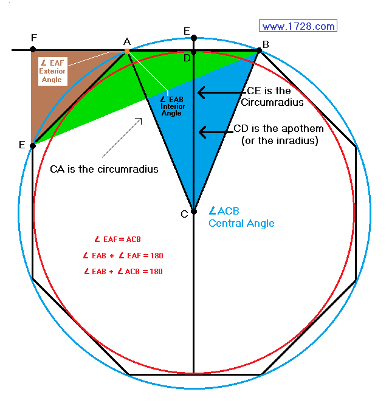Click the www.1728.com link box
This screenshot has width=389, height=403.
(298, 26)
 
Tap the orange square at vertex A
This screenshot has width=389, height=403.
(127, 52)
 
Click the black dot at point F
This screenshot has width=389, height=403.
(33, 49)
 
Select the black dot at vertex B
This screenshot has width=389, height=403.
(259, 50)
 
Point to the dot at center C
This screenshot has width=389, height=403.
(194, 212)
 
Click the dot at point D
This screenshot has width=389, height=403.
(194, 52)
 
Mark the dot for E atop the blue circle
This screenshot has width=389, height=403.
(194, 38)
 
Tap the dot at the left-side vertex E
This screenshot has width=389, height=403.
(33, 146)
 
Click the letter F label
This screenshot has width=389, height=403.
(34, 38)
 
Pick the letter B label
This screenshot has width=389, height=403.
(266, 44)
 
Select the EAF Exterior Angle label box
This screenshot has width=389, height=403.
(53, 71)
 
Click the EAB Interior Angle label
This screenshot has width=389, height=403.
(172, 106)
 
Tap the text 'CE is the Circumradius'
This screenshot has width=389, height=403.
(272, 97)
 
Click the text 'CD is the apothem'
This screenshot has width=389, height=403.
(278, 128)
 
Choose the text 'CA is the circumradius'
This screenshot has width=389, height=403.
(104, 169)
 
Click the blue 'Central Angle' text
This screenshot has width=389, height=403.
(241, 223)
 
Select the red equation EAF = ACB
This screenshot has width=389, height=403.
(118, 239)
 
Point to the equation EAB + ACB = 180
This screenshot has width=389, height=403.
(123, 272)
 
